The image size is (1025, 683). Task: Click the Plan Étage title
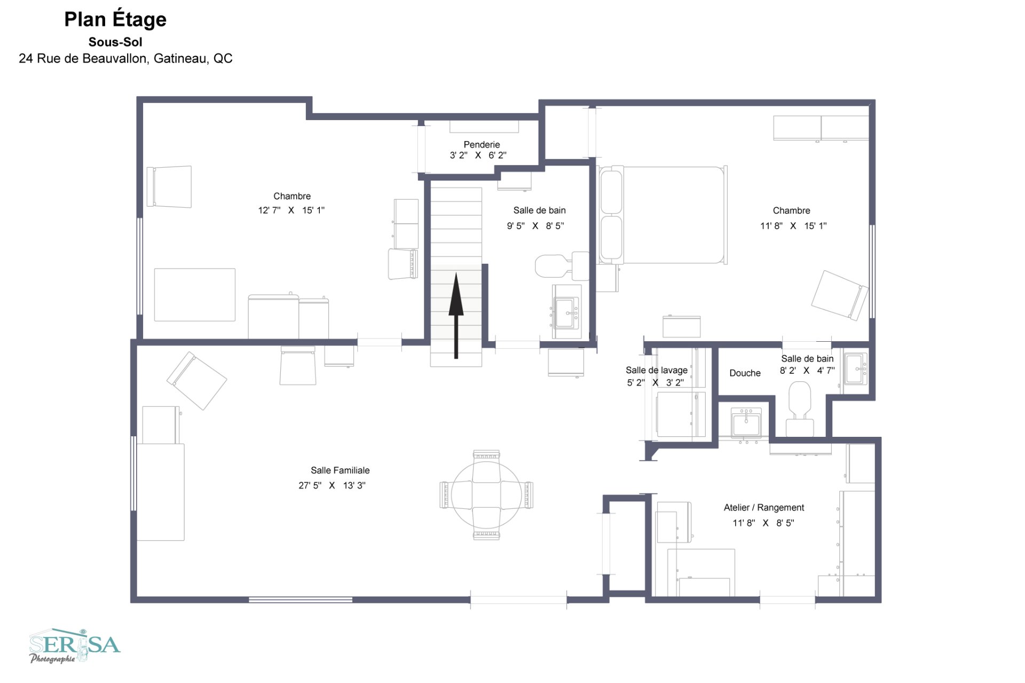115,20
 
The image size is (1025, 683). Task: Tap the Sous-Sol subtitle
115,42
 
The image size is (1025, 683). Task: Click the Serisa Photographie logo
75,646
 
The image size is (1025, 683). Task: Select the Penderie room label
482,144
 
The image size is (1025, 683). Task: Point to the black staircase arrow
456,316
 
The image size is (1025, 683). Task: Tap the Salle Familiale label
340,470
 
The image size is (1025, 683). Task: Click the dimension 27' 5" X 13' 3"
332,485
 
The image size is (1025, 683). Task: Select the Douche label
745,373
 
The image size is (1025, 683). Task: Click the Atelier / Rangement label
764,507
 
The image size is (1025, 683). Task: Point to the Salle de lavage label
657,370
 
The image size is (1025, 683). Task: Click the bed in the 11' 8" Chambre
663,215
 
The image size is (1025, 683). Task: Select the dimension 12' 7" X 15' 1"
291,210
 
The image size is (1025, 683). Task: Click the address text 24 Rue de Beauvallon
125,58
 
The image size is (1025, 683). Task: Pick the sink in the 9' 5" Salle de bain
566,312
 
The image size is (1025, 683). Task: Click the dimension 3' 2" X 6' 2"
478,155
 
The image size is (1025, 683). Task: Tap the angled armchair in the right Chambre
840,295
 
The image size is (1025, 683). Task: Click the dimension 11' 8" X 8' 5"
763,523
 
